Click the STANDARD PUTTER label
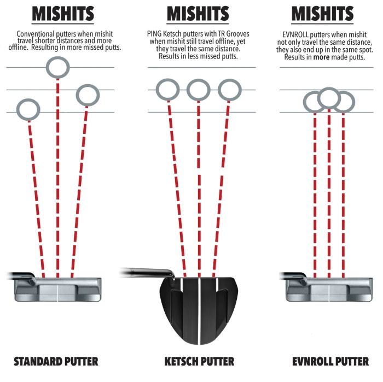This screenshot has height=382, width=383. click(x=56, y=361)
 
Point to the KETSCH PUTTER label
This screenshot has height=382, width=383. click(x=199, y=361)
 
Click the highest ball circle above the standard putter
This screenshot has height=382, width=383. click(x=58, y=67)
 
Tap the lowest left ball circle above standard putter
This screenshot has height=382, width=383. click(x=28, y=109)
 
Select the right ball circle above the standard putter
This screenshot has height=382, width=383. click(x=88, y=95)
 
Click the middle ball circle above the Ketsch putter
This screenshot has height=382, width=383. click(x=198, y=90)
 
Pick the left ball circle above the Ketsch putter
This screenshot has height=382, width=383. click(x=167, y=90)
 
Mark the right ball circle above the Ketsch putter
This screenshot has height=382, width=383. click(x=229, y=90)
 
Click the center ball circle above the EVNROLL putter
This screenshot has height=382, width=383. click(x=329, y=98)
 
